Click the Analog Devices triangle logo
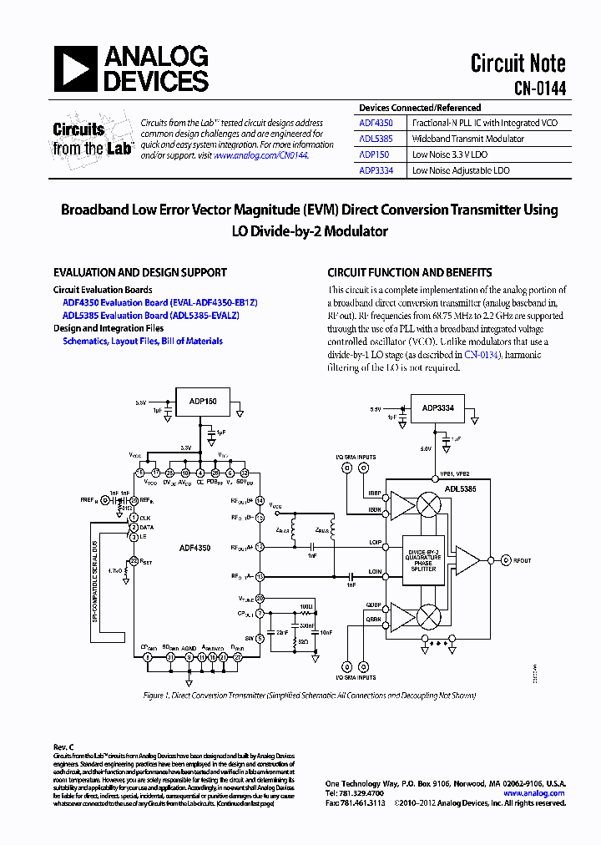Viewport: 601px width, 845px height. coord(76,68)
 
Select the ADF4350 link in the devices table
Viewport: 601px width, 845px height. coord(376,123)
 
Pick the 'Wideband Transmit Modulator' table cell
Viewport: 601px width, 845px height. coord(468,139)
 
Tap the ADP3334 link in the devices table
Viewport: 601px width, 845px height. coord(376,170)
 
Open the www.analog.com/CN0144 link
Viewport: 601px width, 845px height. coord(260,155)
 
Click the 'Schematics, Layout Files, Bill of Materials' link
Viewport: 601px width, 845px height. coord(143,341)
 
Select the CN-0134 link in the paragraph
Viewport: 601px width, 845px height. coord(481,355)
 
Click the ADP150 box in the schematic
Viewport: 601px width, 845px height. coord(203,402)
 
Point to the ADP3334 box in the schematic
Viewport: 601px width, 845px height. coord(437,408)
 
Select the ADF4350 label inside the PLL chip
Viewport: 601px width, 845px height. coord(194,548)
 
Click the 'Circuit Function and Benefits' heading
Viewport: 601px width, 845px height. coord(409,272)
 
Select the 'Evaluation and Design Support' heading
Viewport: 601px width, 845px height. coord(140,272)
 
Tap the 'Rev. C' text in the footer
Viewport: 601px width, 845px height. coord(63,746)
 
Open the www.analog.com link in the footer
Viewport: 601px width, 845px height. coord(534,793)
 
